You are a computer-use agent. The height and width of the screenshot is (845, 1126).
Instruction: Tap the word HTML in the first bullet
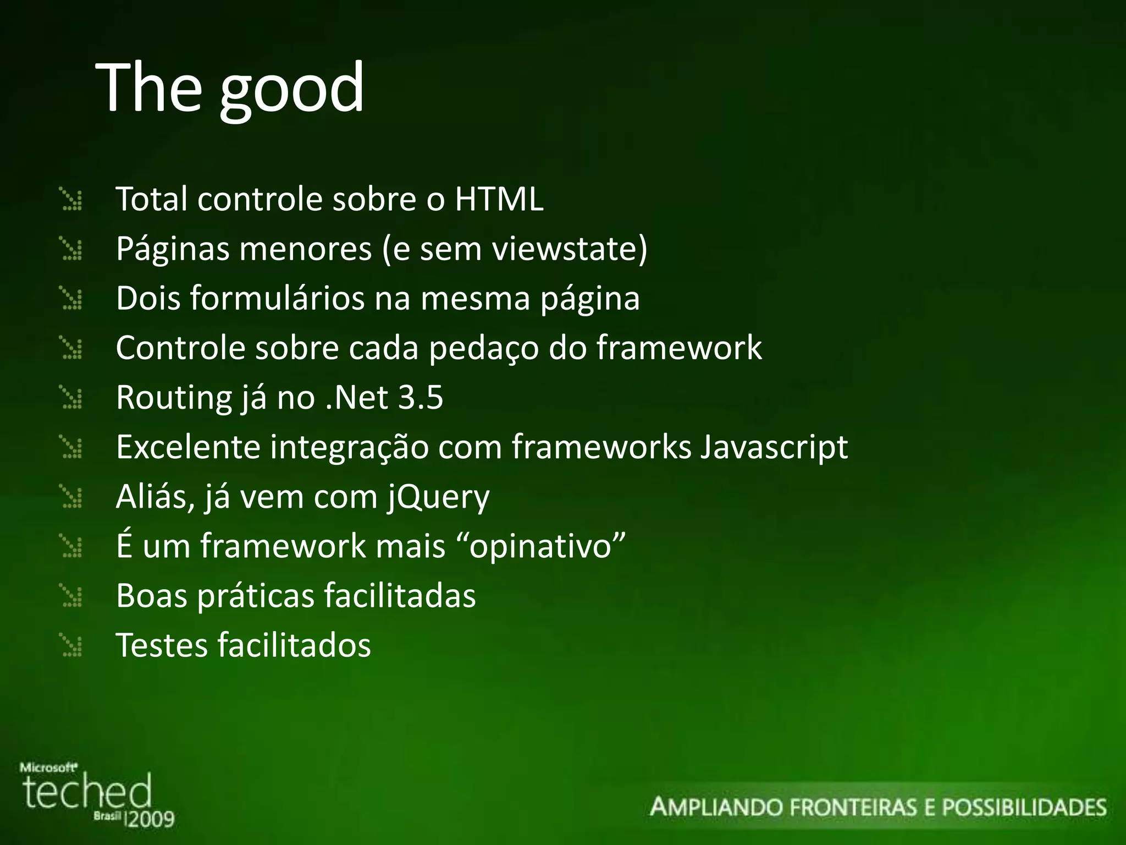[499, 199]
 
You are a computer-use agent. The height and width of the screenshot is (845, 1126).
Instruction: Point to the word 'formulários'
[278, 299]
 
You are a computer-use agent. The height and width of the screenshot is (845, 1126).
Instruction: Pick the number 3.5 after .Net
[421, 398]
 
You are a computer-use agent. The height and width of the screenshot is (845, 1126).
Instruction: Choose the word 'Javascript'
[774, 447]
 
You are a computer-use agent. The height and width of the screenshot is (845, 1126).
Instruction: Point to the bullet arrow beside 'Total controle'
[71, 200]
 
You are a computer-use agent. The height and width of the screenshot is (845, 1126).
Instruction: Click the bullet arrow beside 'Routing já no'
[71, 398]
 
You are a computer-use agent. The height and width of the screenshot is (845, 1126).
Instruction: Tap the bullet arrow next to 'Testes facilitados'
[71, 645]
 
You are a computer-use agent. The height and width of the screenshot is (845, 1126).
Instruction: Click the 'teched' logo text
[87, 792]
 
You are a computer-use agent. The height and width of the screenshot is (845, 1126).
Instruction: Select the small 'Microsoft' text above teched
[48, 767]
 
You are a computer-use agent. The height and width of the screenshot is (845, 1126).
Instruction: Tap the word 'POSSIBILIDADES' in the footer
[1024, 808]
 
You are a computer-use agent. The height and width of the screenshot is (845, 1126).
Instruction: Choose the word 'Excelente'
[188, 447]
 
